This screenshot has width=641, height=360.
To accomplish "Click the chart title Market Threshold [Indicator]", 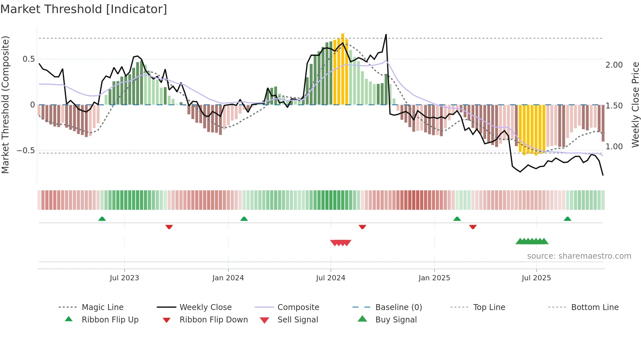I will [x=84, y=9].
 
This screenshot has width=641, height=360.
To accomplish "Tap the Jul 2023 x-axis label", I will [x=124, y=278].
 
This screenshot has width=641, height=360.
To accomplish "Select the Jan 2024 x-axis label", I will [x=228, y=278].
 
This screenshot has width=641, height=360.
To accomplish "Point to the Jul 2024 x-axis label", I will [x=331, y=278].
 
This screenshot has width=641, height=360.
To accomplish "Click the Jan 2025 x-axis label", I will [x=434, y=278].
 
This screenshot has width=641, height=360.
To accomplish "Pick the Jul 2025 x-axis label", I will [x=536, y=278].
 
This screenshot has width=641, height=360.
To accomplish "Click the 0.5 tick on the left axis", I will [x=29, y=59].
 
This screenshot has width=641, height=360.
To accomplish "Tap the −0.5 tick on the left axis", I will [x=26, y=151].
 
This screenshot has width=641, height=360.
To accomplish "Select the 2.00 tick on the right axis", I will [x=614, y=65].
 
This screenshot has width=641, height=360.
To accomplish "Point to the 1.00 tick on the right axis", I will [x=614, y=147].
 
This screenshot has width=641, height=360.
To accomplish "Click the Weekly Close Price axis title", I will [x=635, y=105].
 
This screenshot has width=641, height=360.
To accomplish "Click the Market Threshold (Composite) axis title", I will [x=5, y=105].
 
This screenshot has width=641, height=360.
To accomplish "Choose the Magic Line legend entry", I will [x=102, y=307].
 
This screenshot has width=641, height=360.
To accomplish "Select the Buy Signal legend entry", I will [x=396, y=320].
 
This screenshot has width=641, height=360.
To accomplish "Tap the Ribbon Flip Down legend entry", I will [x=214, y=320].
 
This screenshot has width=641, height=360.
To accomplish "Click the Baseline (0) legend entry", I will [x=398, y=307].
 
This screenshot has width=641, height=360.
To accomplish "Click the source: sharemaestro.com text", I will [x=579, y=256].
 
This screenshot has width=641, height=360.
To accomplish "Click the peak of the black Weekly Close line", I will [x=386, y=35].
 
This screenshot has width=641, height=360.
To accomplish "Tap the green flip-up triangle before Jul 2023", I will [x=102, y=219].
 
